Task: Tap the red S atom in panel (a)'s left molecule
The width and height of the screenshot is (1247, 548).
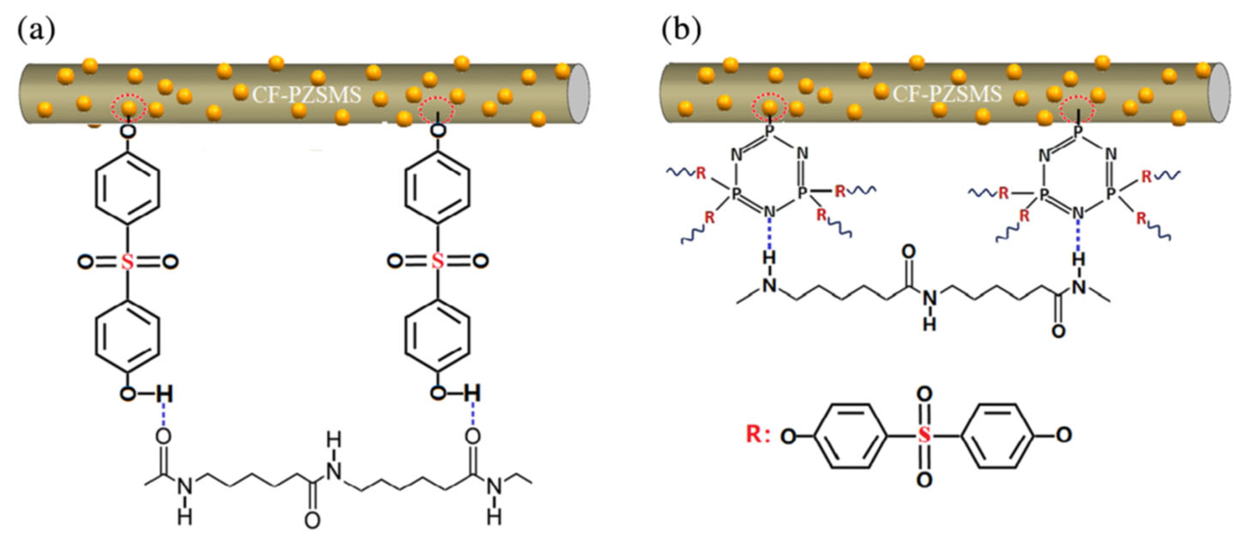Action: click(x=127, y=262)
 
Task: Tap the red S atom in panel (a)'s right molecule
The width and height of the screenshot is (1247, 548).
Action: click(x=437, y=261)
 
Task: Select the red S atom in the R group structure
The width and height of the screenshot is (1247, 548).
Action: click(x=924, y=435)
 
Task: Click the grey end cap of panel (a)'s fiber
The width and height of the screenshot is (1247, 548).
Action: click(x=578, y=93)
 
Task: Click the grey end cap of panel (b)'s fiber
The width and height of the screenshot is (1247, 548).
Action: click(x=1219, y=93)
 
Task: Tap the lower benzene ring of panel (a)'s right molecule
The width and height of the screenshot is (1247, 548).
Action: click(x=437, y=337)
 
